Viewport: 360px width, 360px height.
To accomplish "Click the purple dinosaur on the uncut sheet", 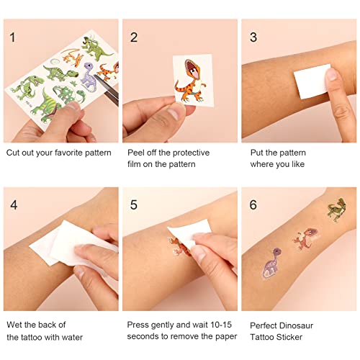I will [x=88, y=78].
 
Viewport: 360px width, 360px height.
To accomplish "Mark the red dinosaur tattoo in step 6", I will [x=305, y=238].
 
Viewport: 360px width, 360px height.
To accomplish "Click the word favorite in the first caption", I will [x=70, y=153].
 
